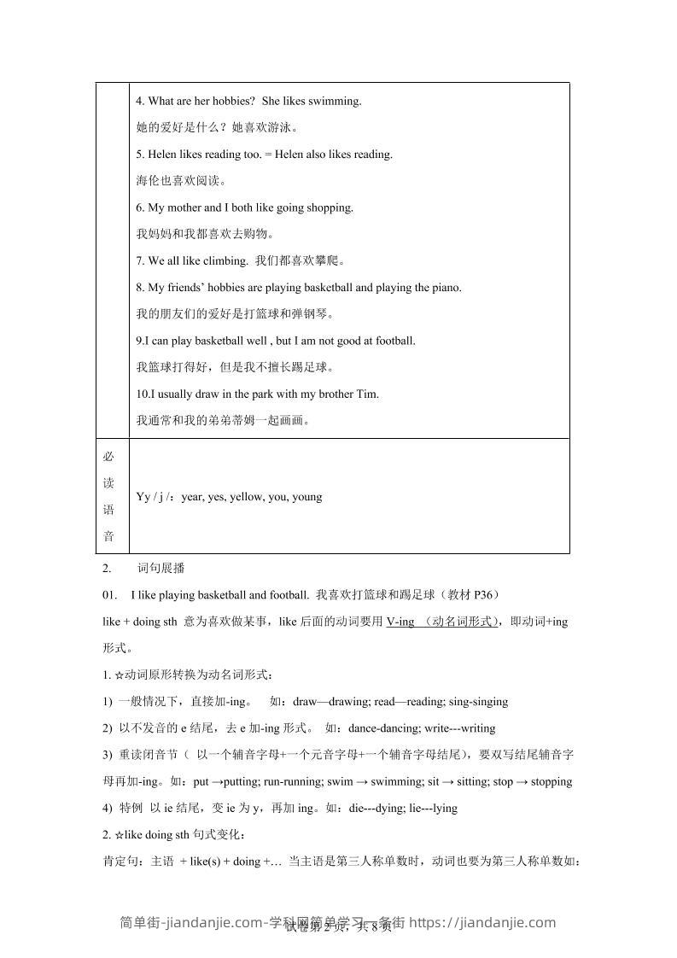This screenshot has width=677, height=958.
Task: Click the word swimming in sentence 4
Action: tap(336, 101)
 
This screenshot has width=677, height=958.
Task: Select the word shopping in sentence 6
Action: tap(329, 207)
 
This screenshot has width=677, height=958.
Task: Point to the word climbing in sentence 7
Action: tap(225, 261)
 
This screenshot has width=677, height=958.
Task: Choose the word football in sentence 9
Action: tap(393, 341)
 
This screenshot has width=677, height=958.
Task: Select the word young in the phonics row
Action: tap(306, 496)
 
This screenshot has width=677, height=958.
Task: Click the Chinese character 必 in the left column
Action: tap(108, 456)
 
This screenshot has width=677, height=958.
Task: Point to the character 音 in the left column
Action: tap(108, 536)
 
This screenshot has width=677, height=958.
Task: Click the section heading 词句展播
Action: tap(161, 569)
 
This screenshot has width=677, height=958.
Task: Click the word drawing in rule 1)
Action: tap(341, 702)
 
